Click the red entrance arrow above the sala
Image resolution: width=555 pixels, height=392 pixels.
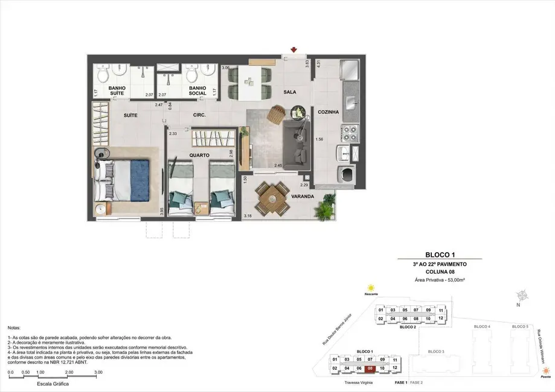click(294, 49)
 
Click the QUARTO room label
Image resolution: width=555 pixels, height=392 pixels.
click(199, 155)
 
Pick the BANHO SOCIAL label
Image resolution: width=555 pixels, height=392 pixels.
click(197, 90)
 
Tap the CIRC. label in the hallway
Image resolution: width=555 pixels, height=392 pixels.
click(201, 115)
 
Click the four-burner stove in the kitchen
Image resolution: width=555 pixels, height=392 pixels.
click(350, 131)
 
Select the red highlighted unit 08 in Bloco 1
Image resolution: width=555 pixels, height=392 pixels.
click(370, 368)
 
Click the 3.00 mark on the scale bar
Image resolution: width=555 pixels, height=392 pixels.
click(98, 373)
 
